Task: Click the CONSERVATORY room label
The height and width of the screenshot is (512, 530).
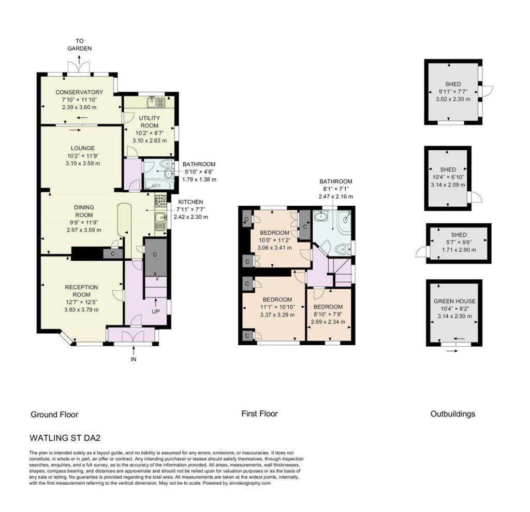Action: click(79, 92)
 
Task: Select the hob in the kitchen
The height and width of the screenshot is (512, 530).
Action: click(161, 201)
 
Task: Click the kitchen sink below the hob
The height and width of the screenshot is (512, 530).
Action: click(160, 222)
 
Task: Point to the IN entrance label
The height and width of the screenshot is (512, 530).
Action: click(134, 359)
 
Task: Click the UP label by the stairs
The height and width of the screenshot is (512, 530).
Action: click(155, 311)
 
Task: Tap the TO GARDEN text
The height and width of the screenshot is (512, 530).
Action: click(79, 45)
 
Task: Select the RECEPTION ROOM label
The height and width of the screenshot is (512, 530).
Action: click(81, 291)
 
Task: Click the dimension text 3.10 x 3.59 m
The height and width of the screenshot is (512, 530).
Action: click(83, 163)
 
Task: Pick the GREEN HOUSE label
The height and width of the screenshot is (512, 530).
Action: click(454, 301)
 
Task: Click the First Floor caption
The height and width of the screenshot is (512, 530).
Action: click(260, 414)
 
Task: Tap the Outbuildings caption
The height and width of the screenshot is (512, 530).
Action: click(452, 414)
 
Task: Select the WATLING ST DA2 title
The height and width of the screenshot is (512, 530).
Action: click(65, 438)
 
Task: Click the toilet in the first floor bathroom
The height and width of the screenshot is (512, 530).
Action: click(342, 249)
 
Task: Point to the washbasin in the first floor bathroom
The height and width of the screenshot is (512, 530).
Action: click(320, 216)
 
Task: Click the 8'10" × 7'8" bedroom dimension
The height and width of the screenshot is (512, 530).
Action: click(328, 314)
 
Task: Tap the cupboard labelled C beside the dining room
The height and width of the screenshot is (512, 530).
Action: click(113, 253)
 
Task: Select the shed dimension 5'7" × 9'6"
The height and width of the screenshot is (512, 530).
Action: click(459, 243)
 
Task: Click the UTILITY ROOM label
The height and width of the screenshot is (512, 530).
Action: click(150, 121)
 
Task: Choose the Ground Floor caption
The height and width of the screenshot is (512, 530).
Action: click(54, 415)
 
